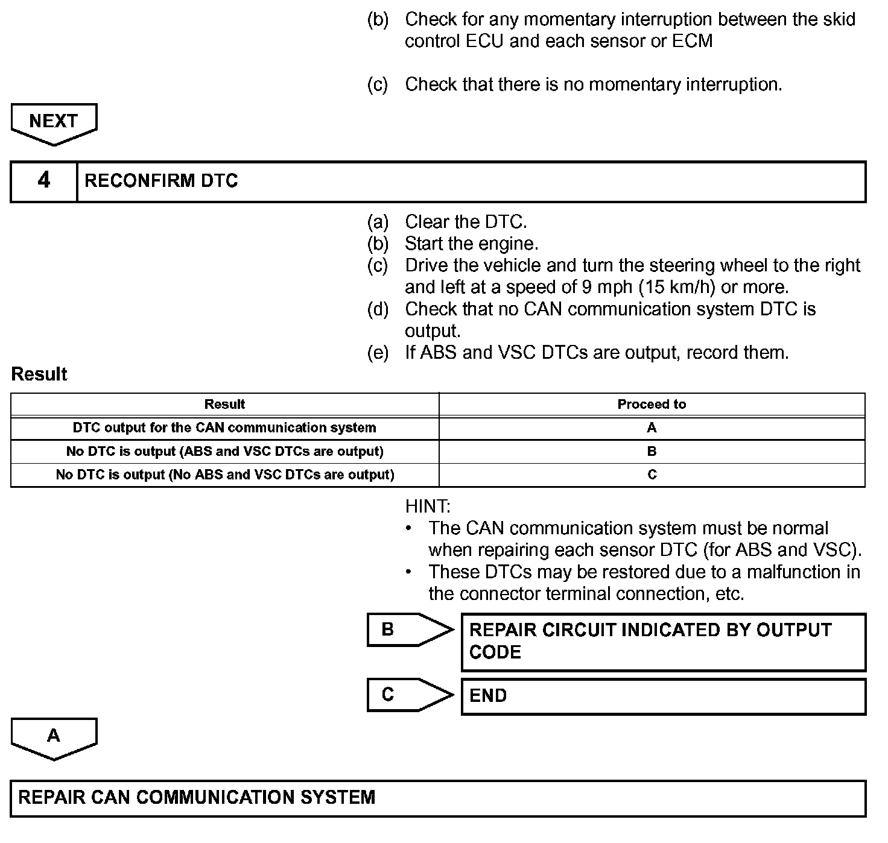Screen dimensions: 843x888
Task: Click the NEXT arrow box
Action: tap(54, 122)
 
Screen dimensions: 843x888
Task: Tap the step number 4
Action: tap(44, 180)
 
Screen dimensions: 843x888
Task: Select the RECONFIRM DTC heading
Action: tap(161, 181)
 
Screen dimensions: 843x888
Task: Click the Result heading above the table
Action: tap(39, 374)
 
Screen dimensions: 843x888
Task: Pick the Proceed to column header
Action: tap(652, 404)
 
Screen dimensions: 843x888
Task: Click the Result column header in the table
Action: tap(224, 404)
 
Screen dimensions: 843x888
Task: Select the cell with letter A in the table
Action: tap(652, 428)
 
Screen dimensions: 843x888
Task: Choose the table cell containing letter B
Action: tap(652, 451)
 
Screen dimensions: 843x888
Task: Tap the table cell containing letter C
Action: tap(652, 475)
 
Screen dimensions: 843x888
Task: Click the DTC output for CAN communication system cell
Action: tap(224, 428)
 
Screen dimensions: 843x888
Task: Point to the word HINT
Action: tap(428, 506)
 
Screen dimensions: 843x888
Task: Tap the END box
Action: tap(663, 696)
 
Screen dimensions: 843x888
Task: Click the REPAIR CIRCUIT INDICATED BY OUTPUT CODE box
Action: tap(663, 642)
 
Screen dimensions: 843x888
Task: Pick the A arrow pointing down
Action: tap(54, 737)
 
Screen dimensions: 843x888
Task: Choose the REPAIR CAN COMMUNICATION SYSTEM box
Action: tap(438, 798)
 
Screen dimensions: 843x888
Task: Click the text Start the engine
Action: tap(471, 244)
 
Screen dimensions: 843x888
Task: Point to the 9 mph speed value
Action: tap(607, 287)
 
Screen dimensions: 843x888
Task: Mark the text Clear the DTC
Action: tap(466, 222)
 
